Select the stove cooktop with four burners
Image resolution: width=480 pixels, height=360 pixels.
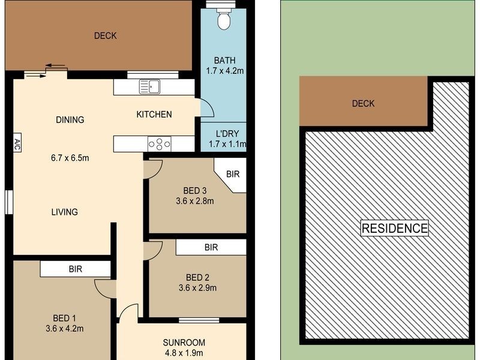coord(160,144)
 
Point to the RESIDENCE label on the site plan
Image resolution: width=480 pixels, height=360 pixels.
coord(395,228)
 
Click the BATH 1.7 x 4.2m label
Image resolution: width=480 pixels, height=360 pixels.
coord(225,65)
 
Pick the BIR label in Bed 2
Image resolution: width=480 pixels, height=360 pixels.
coord(211,247)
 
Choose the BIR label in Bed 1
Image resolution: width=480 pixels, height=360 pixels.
coord(75,269)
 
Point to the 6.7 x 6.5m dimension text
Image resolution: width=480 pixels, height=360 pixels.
coord(70,158)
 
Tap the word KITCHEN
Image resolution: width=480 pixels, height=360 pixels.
coord(154,115)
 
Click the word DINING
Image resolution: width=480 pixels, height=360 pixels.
coord(70,119)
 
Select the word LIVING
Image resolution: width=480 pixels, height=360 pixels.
coord(64,212)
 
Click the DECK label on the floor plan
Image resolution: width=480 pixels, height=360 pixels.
coord(105,35)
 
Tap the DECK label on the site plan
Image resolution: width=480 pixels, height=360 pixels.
coord(363,103)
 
